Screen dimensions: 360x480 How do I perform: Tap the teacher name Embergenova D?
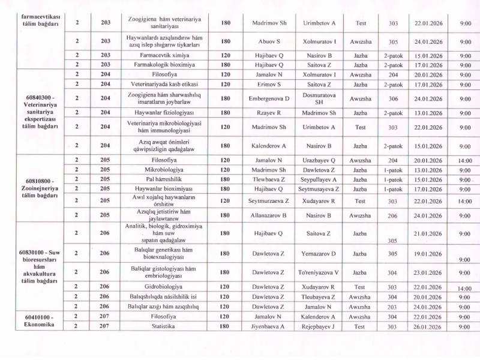click(269, 98)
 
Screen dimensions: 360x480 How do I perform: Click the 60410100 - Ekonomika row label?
click(40, 321)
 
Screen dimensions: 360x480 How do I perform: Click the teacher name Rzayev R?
click(269, 112)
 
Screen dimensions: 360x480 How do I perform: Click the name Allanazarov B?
click(269, 214)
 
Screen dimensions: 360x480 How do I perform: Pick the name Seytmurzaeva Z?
click(269, 201)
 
